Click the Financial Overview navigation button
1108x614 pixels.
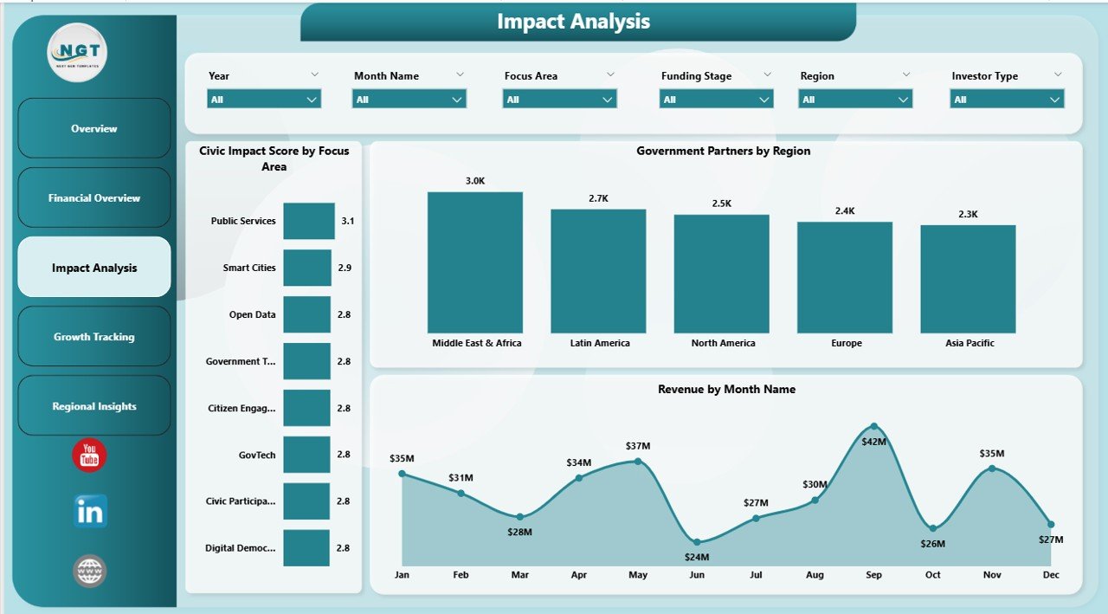(94, 198)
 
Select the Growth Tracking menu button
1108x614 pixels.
(94, 337)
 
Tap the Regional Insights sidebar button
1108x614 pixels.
(94, 406)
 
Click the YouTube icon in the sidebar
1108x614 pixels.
(89, 456)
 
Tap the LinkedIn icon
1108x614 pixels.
(90, 512)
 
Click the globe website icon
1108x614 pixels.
(90, 571)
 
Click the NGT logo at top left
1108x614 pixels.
(77, 53)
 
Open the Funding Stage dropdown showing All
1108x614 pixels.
(716, 100)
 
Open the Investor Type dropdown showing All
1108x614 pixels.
(1007, 100)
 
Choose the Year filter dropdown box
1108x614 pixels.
(264, 100)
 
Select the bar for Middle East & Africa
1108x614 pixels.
(475, 262)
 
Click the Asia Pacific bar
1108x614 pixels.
(968, 279)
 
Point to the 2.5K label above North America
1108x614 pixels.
(722, 204)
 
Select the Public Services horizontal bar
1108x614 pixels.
(309, 221)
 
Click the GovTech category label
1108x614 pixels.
(258, 455)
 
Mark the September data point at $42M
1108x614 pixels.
(873, 426)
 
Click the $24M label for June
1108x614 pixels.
(697, 557)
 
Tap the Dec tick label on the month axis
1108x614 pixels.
(1050, 575)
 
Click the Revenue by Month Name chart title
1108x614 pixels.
(726, 390)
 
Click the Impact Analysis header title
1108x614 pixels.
(573, 22)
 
